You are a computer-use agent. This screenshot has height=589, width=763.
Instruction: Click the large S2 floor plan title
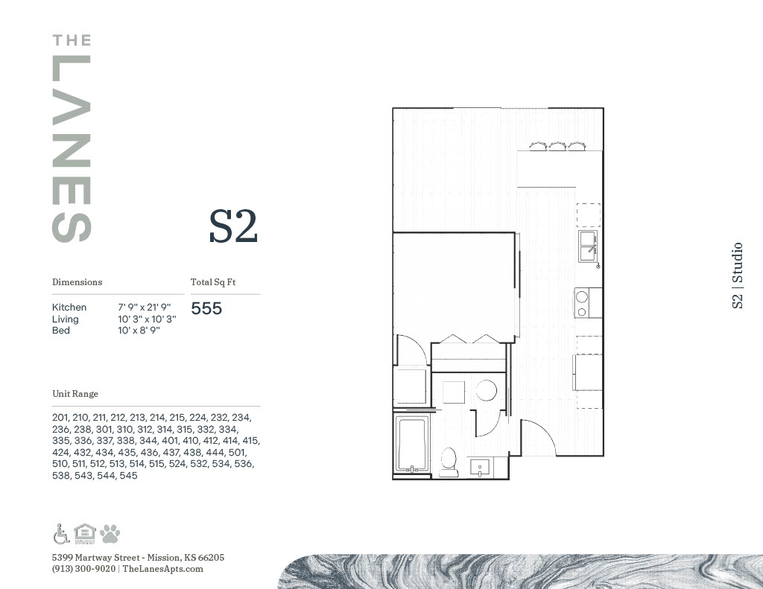(x=233, y=226)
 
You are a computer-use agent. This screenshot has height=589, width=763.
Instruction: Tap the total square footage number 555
(x=206, y=308)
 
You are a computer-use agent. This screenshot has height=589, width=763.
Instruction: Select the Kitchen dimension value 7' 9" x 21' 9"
(x=144, y=308)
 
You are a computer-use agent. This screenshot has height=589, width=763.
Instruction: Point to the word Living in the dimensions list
(x=66, y=319)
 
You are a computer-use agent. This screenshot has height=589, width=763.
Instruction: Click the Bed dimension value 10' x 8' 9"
(x=139, y=331)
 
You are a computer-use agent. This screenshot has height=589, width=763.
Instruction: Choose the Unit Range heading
(x=75, y=393)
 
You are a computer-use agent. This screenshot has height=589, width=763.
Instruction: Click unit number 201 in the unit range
(x=60, y=418)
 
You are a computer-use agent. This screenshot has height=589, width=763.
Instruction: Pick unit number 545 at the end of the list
(x=128, y=476)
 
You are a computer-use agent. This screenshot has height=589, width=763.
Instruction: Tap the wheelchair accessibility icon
(x=61, y=534)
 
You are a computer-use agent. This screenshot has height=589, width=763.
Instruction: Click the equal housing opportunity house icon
(x=85, y=534)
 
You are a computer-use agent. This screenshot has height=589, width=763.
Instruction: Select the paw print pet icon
(x=110, y=534)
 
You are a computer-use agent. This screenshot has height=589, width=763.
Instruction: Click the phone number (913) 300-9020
(x=83, y=569)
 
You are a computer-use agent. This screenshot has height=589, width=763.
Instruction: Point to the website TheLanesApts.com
(x=162, y=569)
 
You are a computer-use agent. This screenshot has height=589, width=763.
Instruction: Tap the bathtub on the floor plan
(x=411, y=444)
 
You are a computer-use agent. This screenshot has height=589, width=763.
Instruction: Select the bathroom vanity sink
(x=481, y=468)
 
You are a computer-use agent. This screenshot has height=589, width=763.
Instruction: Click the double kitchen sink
(x=589, y=246)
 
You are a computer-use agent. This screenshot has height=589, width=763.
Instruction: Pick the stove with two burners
(x=587, y=302)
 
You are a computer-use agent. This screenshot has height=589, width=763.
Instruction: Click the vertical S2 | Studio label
(x=737, y=276)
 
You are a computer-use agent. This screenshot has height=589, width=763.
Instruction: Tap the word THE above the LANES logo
(x=72, y=40)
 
